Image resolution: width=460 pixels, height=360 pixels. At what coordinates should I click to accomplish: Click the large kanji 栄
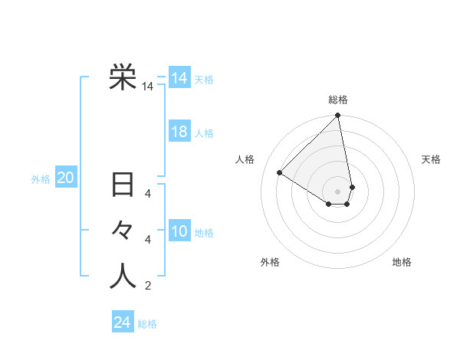point(123,77)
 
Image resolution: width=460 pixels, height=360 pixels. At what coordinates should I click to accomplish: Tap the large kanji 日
point(123,186)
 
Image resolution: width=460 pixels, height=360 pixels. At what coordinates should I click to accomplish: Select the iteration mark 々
point(123,231)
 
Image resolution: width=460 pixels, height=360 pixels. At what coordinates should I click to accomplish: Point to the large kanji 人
point(123,276)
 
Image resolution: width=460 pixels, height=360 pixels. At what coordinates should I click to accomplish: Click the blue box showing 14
point(179,78)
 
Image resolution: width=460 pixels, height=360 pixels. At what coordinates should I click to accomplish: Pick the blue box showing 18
point(179,132)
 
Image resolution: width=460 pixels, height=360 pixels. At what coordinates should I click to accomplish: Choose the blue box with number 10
point(179,231)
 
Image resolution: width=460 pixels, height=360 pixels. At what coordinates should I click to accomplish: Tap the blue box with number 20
point(66,178)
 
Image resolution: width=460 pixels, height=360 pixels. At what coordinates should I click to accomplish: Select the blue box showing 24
point(123,322)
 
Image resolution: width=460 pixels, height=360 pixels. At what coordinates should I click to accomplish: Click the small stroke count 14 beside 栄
point(147,87)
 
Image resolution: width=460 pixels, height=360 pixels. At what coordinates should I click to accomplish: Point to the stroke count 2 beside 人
point(148,286)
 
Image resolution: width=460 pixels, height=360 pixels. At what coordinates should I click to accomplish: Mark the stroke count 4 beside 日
point(148,193)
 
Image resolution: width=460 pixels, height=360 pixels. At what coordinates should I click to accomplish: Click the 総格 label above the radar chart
point(338,100)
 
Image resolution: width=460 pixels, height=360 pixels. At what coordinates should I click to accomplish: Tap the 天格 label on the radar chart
point(431,159)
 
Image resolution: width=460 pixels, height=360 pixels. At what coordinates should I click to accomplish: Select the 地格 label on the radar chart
point(402,262)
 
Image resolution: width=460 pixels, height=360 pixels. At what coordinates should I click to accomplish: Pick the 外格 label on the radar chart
point(270,262)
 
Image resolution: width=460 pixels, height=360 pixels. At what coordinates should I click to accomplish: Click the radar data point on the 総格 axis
point(338,116)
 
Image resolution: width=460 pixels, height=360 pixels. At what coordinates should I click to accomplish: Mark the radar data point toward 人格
point(280,173)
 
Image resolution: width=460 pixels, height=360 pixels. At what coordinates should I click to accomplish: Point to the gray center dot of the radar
point(338,190)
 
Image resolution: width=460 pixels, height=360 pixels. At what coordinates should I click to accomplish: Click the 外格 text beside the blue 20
point(41,179)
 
